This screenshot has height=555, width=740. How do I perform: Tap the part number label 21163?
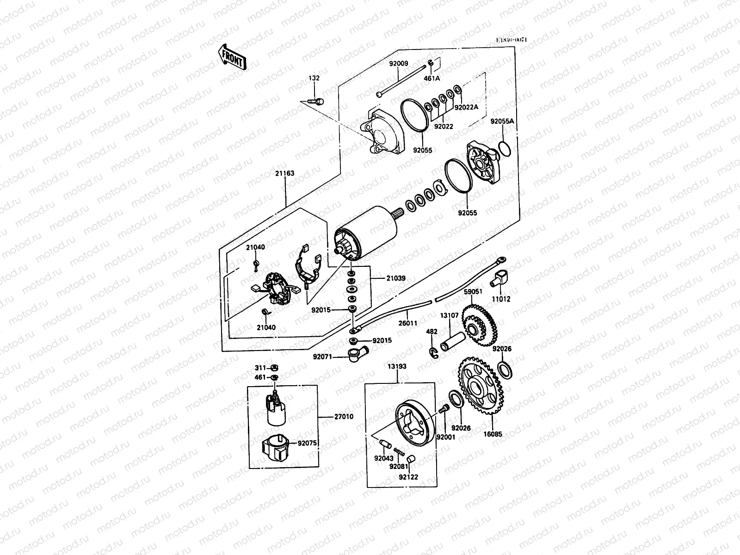coord(286,173)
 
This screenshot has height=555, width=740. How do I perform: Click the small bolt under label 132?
coord(319,100)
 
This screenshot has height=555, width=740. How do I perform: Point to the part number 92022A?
coord(466,107)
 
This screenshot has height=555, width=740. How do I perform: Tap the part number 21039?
coord(396,278)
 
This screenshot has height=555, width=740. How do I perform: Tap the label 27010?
coord(344,417)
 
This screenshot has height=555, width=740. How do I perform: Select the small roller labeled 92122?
coord(413,459)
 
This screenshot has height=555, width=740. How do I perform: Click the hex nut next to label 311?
coord(274,368)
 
